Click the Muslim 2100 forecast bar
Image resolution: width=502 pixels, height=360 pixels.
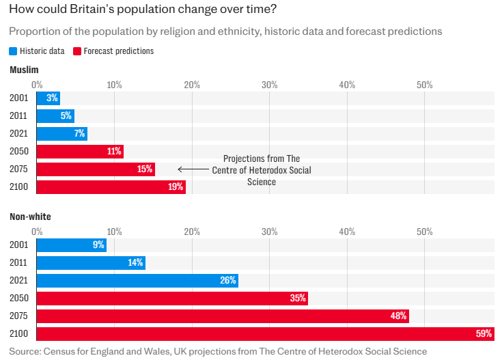point(111,186)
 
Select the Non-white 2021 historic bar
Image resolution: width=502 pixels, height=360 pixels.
point(137,280)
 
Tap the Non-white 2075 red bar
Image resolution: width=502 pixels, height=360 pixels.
point(222,316)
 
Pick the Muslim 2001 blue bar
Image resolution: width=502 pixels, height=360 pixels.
point(48,98)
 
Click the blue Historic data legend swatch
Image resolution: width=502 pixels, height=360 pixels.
point(13,51)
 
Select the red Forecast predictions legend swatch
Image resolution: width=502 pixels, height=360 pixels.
point(76,51)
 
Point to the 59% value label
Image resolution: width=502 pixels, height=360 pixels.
point(484,333)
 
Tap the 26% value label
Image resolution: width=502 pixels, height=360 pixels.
point(228,280)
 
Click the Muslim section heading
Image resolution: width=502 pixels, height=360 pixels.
point(24,70)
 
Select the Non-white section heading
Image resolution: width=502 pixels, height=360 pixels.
point(30,217)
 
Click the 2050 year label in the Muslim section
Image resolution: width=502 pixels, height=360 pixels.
point(19,151)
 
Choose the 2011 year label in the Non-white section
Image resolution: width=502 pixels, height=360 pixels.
point(19,262)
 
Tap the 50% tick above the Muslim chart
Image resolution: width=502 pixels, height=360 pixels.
point(425,85)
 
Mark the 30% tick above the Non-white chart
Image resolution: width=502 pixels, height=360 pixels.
point(270,232)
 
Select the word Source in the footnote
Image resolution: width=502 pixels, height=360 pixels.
point(24,351)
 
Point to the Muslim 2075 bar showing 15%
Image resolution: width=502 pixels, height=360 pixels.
point(96,169)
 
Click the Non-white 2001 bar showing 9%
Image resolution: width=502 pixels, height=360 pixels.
point(71,245)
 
